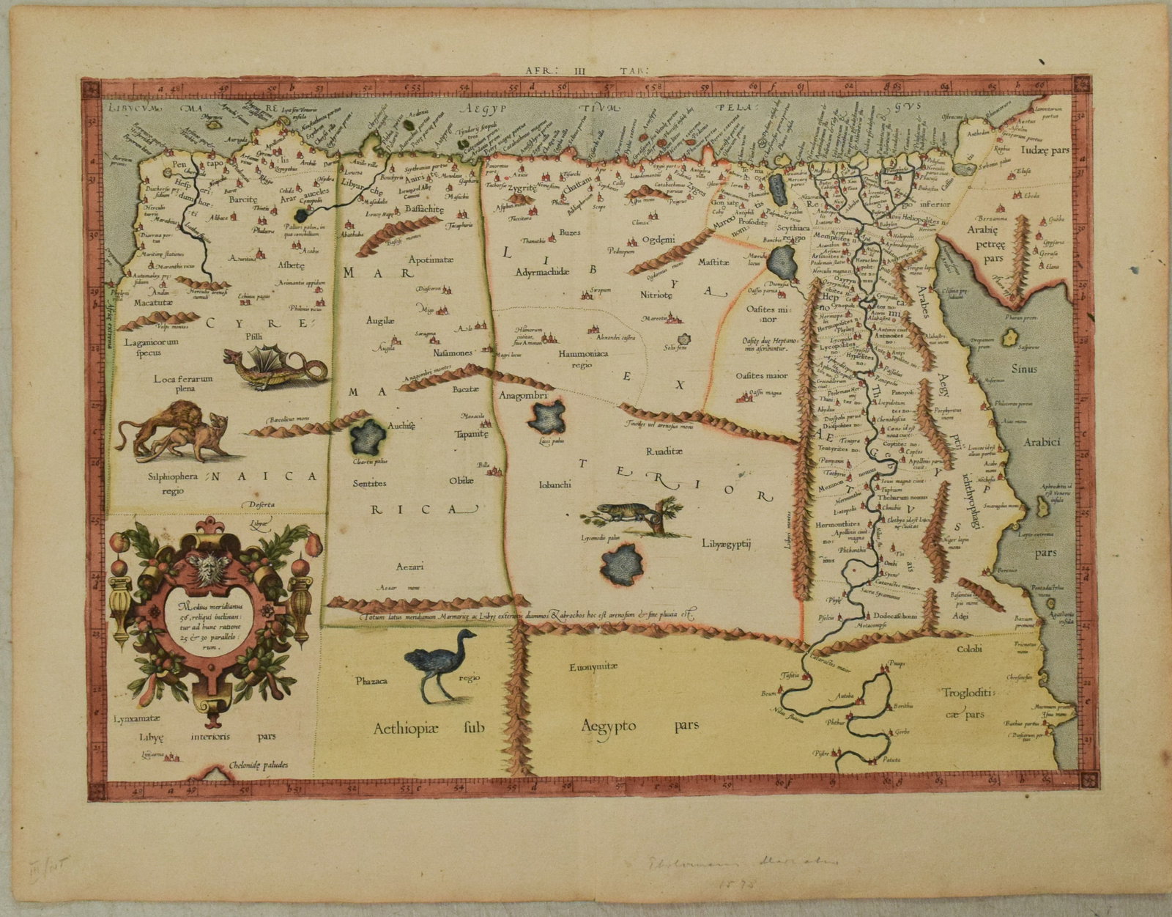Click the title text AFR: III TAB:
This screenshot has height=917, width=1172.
point(587,70)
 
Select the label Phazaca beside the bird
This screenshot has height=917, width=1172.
point(371,680)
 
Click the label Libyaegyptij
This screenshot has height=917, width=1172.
point(727,543)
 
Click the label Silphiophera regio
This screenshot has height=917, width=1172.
point(176,482)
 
